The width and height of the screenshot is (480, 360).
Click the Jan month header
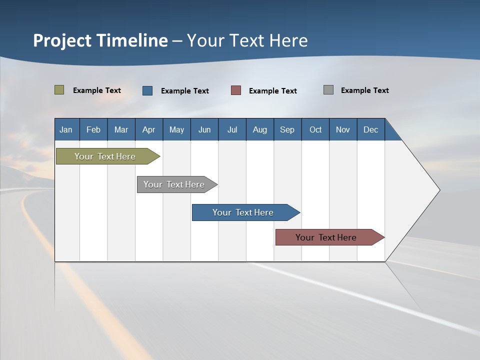click(66, 129)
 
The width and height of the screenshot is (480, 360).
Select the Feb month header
click(93, 129)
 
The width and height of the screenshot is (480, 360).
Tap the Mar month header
click(121, 129)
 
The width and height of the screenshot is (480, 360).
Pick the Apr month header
click(149, 129)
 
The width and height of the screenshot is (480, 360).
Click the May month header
click(176, 129)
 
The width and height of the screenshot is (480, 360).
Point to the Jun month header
click(204, 129)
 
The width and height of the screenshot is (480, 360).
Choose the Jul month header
click(232, 129)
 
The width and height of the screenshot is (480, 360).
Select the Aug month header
click(260, 129)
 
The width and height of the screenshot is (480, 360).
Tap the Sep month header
click(287, 129)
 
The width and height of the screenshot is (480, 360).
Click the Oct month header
click(315, 129)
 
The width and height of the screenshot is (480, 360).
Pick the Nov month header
click(343, 129)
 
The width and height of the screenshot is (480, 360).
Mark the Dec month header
click(371, 129)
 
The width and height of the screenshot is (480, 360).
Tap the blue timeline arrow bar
click(243, 212)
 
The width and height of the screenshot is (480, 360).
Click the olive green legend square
click(59, 90)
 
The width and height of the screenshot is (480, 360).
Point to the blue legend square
click(147, 90)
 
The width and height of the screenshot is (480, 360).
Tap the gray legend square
click(328, 90)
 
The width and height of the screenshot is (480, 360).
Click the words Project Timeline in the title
click(100, 40)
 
